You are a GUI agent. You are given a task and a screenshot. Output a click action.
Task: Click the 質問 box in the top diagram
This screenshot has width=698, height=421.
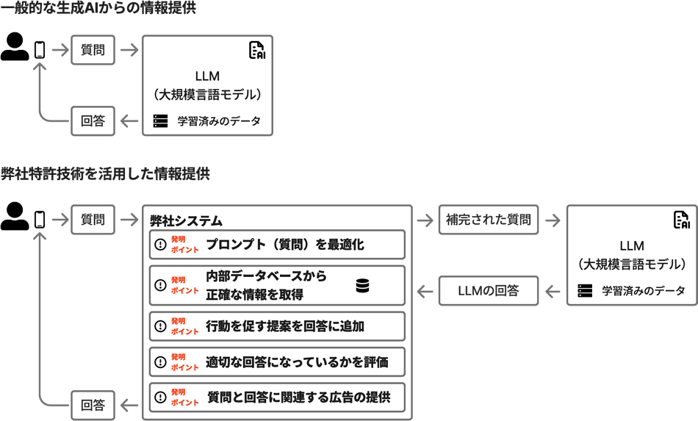click(x=93, y=50)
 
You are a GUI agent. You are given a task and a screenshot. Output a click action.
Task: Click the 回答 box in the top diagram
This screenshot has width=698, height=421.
click(x=93, y=121)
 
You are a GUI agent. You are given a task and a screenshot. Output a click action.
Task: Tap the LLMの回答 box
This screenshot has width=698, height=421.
click(x=488, y=291)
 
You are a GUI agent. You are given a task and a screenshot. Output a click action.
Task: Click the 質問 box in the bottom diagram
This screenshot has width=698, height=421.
click(x=93, y=220)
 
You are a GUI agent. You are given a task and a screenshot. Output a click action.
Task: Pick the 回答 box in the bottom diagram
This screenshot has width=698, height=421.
click(x=93, y=405)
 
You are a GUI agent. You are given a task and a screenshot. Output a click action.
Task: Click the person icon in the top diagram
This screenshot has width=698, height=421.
click(x=14, y=47)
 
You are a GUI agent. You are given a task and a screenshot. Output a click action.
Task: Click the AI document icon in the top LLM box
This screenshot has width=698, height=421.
click(x=256, y=50)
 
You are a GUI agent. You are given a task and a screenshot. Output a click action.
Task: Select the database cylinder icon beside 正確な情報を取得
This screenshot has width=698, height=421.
click(x=362, y=286)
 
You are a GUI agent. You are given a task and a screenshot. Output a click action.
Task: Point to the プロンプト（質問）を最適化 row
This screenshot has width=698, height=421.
click(x=277, y=245)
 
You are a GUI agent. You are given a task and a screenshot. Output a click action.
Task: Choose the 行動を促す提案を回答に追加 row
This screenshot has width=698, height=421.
click(x=277, y=326)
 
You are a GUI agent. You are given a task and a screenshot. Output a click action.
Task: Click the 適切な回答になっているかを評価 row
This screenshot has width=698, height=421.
click(x=277, y=361)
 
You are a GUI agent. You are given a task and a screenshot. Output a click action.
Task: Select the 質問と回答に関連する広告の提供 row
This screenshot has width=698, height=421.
click(x=277, y=397)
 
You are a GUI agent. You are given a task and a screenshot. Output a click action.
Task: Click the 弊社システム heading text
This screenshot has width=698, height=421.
click(x=186, y=220)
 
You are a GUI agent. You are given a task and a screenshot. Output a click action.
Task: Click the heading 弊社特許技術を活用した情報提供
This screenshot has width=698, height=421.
click(x=105, y=174)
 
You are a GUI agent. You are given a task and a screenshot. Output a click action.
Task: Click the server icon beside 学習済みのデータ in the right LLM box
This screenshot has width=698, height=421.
click(x=585, y=291)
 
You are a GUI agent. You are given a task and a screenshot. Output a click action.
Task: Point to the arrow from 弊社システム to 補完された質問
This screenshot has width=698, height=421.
click(x=425, y=220)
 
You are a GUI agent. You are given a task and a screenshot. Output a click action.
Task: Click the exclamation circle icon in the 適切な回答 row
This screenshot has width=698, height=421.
click(x=161, y=361)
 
